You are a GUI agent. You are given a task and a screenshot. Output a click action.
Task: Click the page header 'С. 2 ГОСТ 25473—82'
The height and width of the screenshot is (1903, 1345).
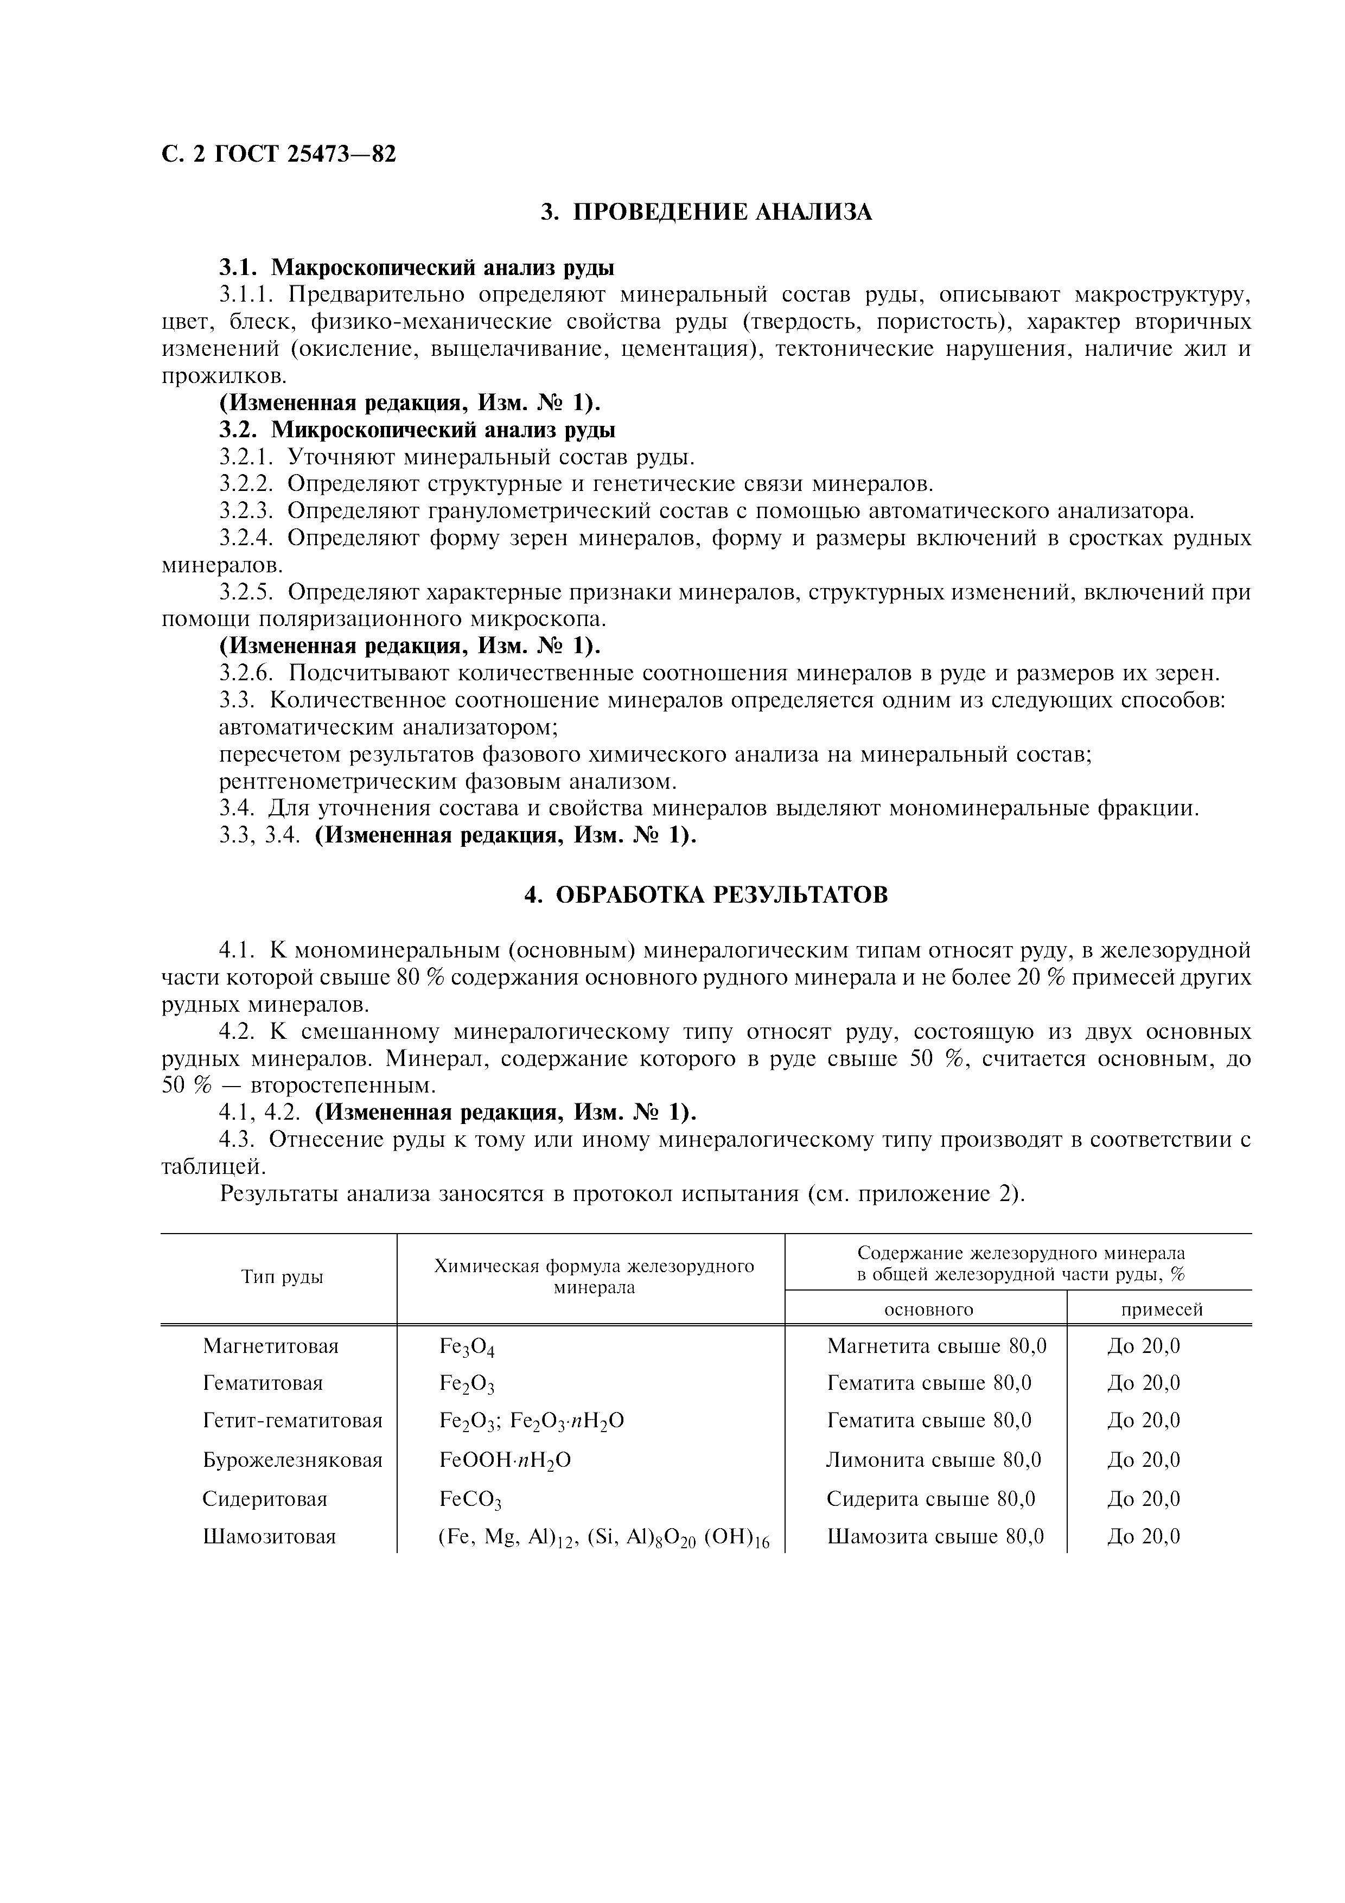[x=278, y=154]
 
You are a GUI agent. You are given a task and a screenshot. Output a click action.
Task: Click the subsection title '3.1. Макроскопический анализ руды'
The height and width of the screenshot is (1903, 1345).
[x=417, y=268]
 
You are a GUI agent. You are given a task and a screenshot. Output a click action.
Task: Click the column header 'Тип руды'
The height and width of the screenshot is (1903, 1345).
[x=282, y=1277]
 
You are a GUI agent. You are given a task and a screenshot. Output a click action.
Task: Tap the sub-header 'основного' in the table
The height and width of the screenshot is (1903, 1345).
[x=928, y=1310]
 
